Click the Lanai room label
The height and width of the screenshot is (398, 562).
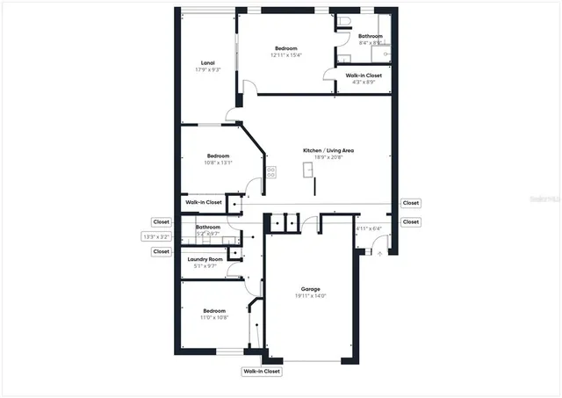tap(207, 62)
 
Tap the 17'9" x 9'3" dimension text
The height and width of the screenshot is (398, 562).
tap(207, 69)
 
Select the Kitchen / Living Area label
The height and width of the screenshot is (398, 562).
tap(329, 151)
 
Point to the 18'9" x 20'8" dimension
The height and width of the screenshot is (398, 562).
tap(329, 158)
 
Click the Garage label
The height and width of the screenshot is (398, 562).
tap(311, 289)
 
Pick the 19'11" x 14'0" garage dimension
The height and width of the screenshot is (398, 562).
tap(311, 296)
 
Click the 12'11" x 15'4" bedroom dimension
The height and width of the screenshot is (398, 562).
tap(285, 55)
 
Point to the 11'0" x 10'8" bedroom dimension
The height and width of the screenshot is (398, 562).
tap(215, 318)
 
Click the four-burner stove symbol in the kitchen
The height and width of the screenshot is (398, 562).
tap(271, 172)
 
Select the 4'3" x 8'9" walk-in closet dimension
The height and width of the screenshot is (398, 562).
tap(363, 83)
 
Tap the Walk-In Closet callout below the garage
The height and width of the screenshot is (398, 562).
tap(262, 372)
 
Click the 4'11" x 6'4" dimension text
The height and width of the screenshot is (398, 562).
tap(368, 229)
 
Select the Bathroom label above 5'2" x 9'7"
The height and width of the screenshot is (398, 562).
tap(208, 227)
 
